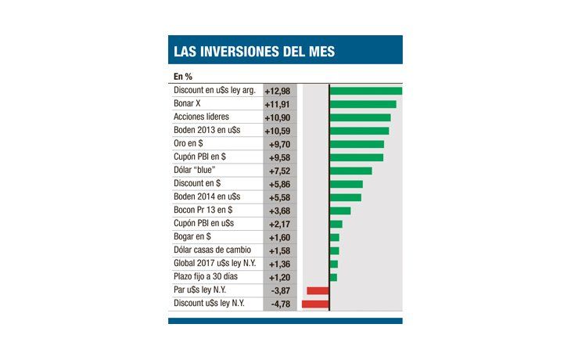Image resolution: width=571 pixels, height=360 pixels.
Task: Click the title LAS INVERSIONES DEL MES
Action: (252, 52)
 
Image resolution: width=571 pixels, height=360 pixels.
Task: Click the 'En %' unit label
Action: (184, 77)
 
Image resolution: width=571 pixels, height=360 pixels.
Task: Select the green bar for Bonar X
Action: (363, 104)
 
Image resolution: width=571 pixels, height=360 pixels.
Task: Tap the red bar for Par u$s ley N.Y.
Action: (318, 290)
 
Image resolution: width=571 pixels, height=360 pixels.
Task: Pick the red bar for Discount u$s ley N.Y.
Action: (315, 304)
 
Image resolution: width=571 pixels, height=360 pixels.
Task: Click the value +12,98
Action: (278, 91)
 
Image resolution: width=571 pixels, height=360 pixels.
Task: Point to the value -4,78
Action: (280, 304)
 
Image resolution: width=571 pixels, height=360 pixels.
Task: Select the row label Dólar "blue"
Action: (195, 171)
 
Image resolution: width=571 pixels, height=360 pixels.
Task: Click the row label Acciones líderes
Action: (201, 117)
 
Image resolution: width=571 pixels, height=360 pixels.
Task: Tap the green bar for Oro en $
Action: (357, 144)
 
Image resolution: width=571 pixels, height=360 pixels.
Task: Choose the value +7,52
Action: (280, 171)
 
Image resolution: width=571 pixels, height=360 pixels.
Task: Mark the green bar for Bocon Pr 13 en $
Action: (340, 211)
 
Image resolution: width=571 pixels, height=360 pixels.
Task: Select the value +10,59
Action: (278, 131)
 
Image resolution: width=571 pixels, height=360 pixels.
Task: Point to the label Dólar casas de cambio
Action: (212, 250)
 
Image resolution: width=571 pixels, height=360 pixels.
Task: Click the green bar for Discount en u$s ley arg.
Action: (366, 91)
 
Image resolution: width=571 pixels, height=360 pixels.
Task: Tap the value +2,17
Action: (280, 224)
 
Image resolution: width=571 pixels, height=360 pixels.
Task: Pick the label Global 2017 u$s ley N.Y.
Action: (214, 264)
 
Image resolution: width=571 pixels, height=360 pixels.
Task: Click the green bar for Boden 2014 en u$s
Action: (346, 197)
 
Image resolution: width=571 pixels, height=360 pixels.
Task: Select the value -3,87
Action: (280, 290)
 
